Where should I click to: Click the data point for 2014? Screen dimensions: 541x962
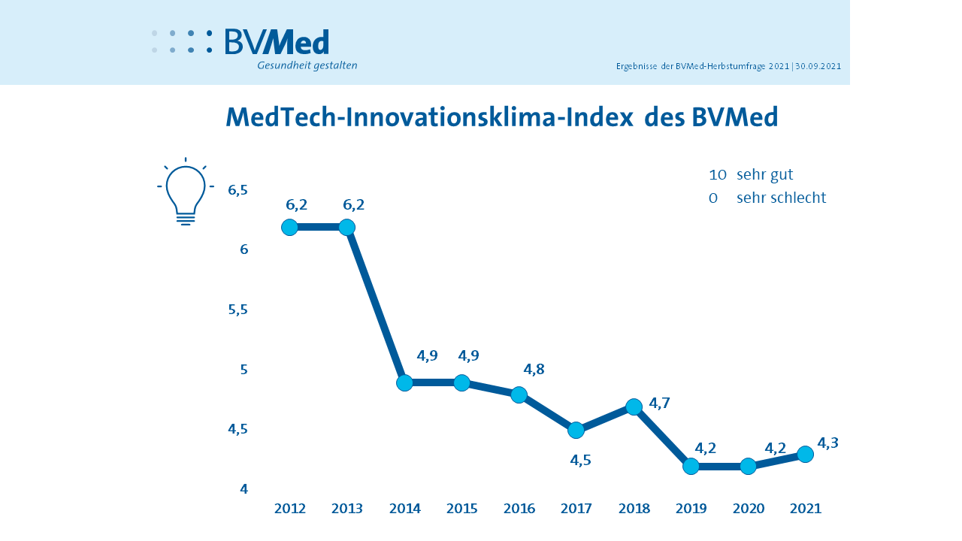point(404,383)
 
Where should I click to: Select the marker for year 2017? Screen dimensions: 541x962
point(576,430)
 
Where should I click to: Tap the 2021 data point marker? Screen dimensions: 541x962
point(805,454)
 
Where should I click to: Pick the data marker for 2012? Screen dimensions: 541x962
point(289,227)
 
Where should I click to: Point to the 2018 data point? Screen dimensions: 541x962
point(634,407)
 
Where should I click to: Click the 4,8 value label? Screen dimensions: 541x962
point(534,369)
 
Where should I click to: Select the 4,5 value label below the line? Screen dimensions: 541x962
point(580,461)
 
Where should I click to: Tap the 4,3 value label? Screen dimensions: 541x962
point(827,443)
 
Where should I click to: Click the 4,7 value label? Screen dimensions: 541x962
point(659,403)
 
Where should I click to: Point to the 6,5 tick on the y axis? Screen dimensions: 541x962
point(237,190)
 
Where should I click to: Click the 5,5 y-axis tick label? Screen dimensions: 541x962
point(237,310)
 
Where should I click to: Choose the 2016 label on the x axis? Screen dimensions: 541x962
point(519,509)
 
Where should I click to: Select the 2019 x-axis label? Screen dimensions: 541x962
point(691,509)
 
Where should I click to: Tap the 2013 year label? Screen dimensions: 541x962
point(347,509)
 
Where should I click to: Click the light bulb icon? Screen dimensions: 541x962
point(186,192)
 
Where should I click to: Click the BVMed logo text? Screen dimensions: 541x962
point(277,42)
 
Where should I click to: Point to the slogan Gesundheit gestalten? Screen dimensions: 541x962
point(307,65)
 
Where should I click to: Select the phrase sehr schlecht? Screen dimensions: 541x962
point(781,198)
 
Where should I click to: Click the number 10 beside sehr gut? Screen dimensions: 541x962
point(717,175)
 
